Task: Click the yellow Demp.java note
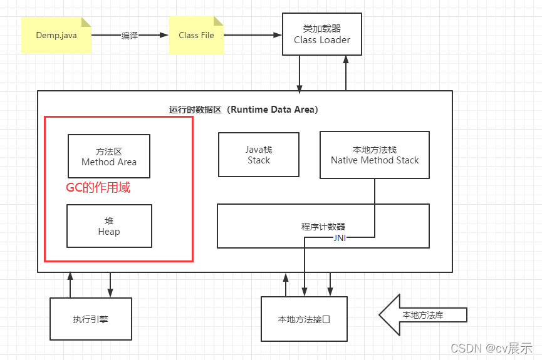[56, 35]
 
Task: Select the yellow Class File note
[196, 35]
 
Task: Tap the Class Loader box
[322, 35]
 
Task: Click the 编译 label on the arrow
[130, 35]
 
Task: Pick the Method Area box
[108, 156]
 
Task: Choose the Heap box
[109, 226]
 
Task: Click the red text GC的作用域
[98, 187]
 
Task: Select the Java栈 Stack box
[259, 155]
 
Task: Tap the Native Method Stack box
[375, 155]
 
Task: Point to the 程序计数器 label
[323, 227]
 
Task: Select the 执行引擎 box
[90, 319]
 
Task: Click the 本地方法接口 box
[304, 319]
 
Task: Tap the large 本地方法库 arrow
[422, 315]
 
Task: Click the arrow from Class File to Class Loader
[251, 35]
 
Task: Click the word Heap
[109, 232]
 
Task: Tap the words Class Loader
[322, 40]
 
